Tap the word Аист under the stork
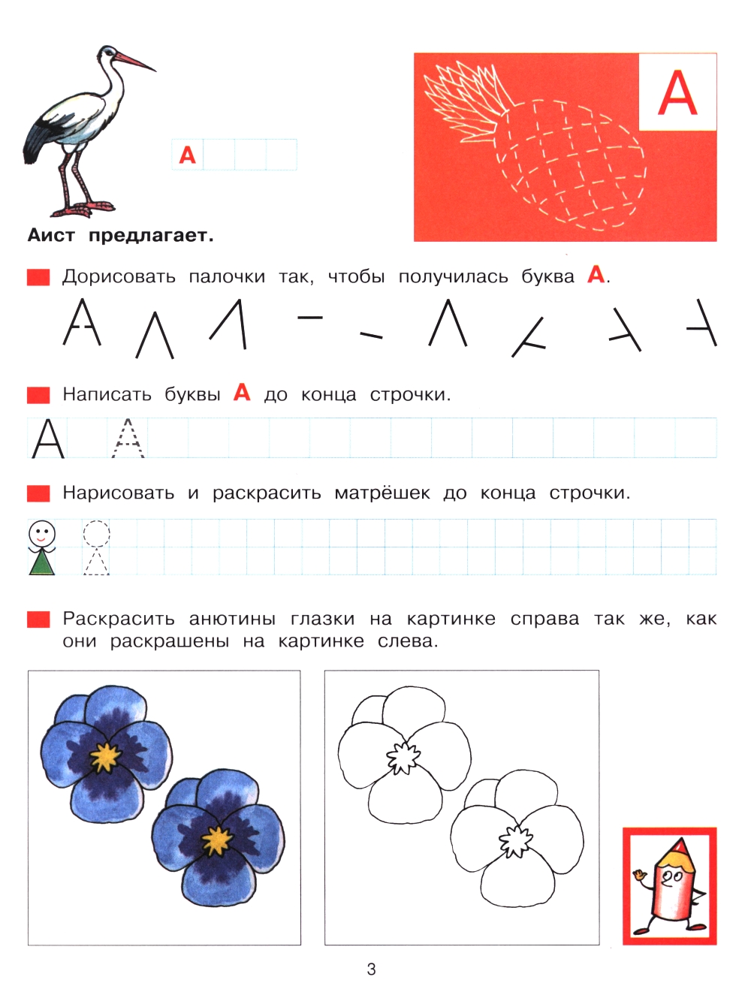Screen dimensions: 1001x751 click(51, 236)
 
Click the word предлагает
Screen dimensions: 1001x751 click(151, 236)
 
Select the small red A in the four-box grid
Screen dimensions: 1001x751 click(188, 155)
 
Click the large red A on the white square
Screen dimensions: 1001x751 click(677, 93)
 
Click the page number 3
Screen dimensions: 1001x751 click(371, 969)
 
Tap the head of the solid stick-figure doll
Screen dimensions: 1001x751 click(42, 534)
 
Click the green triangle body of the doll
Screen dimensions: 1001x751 click(42, 562)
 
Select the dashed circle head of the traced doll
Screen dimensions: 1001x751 click(96, 534)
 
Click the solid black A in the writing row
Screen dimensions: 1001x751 click(48, 439)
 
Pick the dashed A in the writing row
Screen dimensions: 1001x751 click(128, 439)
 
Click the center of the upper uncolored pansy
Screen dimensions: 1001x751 click(403, 758)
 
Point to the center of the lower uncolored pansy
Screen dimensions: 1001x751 click(515, 840)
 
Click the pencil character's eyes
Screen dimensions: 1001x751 click(672, 876)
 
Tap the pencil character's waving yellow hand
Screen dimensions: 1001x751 click(640, 875)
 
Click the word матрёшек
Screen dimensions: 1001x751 click(382, 493)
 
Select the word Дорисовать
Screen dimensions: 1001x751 click(119, 277)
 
